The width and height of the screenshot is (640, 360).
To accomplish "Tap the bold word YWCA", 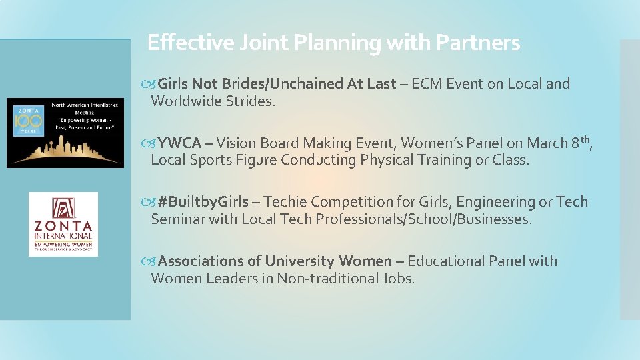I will [x=179, y=143].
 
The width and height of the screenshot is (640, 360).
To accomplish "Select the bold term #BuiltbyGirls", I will [x=203, y=202].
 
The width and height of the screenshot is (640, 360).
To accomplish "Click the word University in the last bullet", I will [x=299, y=261].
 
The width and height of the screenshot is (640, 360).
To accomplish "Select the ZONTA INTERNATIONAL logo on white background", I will [x=63, y=224].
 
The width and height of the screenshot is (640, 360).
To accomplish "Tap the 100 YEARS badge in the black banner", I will [x=29, y=122].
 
